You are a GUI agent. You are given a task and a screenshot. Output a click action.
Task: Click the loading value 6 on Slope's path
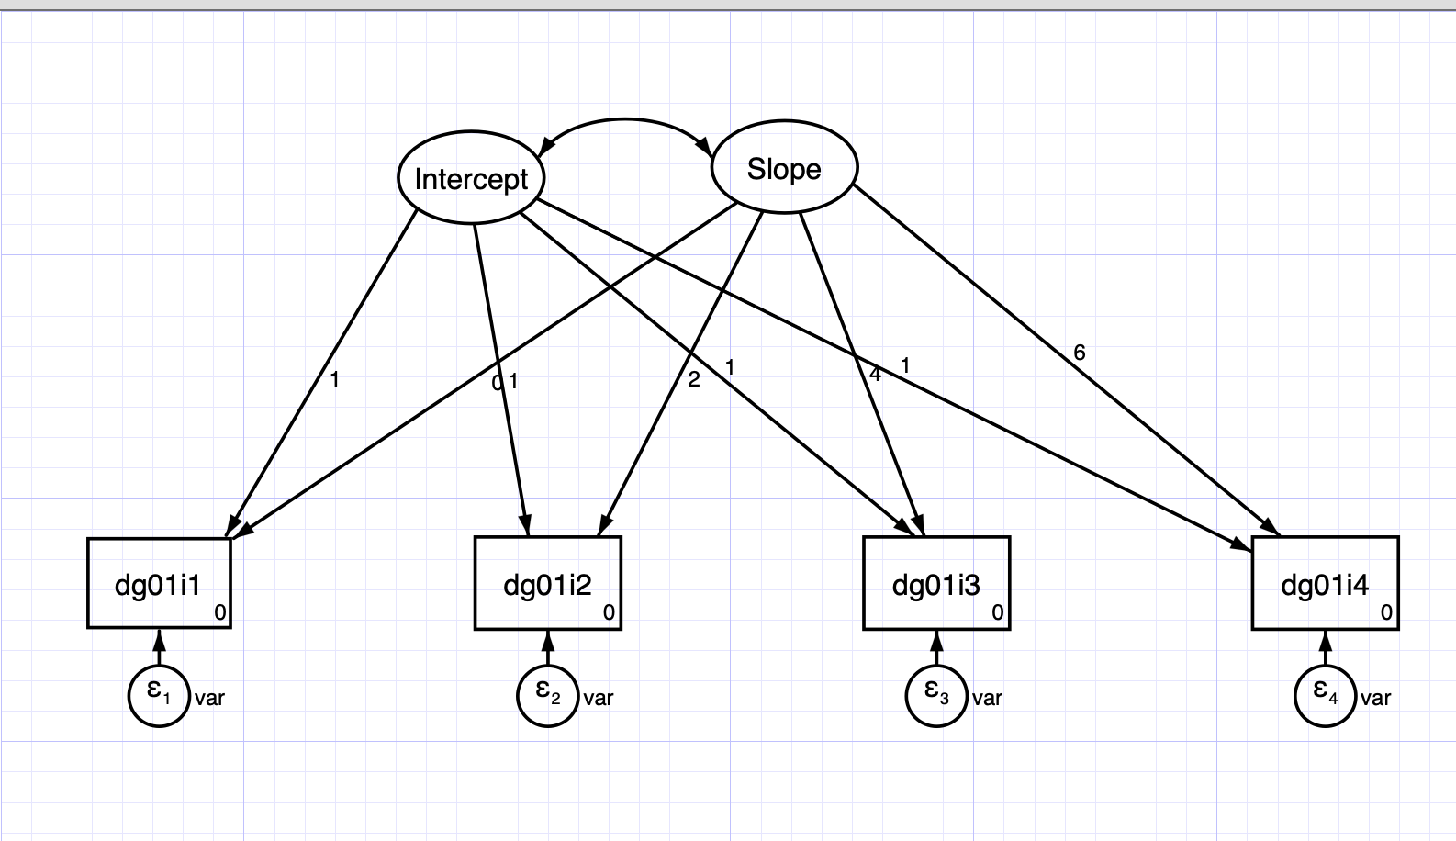click(1079, 353)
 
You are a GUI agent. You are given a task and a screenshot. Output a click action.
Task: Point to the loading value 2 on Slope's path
click(693, 379)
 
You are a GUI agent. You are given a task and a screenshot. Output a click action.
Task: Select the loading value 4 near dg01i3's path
click(875, 375)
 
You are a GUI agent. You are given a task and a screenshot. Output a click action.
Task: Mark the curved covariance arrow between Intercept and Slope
click(625, 119)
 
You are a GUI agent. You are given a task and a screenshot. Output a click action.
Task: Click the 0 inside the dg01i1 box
click(219, 612)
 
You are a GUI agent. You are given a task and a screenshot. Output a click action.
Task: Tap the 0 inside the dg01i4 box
click(1386, 612)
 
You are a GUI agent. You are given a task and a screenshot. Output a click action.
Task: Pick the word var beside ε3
click(987, 698)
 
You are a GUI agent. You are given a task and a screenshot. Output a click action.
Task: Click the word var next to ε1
click(209, 698)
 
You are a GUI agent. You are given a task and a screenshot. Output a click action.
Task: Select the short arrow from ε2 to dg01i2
click(548, 647)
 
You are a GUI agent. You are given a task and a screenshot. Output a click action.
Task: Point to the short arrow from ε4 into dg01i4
click(1326, 647)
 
